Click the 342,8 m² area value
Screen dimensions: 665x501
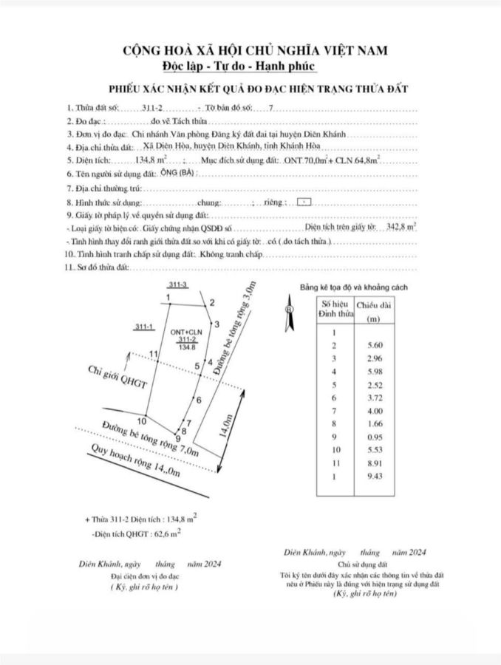pos(401,228)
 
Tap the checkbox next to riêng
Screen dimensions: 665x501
pos(304,201)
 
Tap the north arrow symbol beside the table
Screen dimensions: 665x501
pos(289,310)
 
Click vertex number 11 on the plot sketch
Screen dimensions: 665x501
pos(154,355)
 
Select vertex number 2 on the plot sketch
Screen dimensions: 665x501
pos(212,302)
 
